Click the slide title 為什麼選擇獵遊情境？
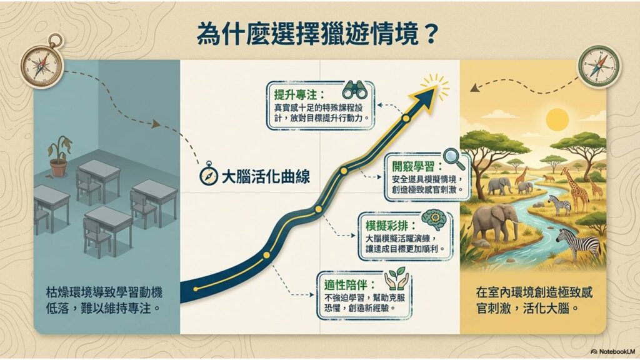(317, 34)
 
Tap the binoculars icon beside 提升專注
(355, 89)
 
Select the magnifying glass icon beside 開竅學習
(454, 159)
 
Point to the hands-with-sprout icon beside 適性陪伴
(396, 279)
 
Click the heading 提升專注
(299, 95)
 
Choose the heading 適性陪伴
(349, 285)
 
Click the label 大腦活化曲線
(266, 177)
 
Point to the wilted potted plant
(60, 156)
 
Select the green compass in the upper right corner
(599, 66)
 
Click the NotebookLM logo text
(614, 351)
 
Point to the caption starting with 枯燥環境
(104, 300)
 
